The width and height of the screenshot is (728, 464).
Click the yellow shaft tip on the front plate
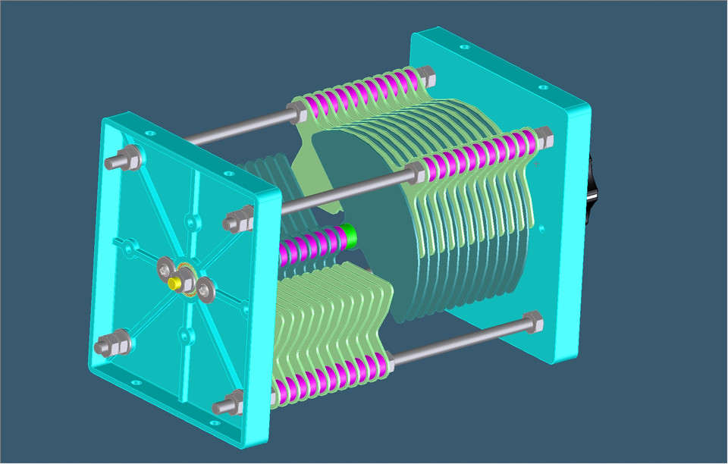[174, 282]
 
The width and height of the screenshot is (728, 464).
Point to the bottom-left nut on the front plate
[108, 346]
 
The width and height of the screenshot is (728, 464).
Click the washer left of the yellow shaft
[165, 268]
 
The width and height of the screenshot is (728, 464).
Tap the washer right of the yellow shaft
[206, 289]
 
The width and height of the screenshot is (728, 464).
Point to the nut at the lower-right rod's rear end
[532, 321]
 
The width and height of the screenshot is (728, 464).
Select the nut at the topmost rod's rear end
[425, 75]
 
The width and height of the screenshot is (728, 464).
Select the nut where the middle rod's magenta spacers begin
[415, 173]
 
